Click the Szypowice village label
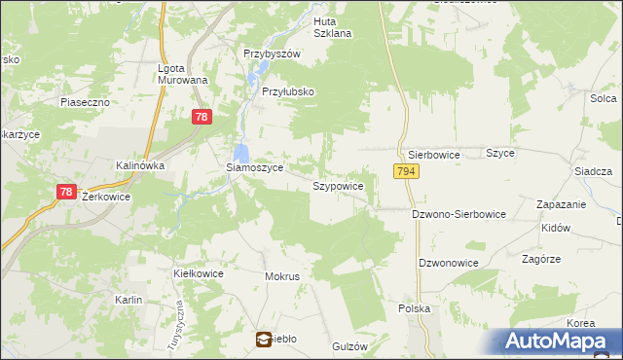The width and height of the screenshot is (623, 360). [x=338, y=185]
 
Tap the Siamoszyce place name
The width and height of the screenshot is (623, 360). [x=254, y=167]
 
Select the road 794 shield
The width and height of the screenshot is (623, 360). [x=407, y=171]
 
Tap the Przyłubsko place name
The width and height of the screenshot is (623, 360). [x=288, y=91]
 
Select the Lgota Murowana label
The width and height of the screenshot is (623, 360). [x=183, y=74]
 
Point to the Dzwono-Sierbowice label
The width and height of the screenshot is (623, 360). [x=458, y=214]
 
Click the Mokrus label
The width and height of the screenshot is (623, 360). [x=282, y=276]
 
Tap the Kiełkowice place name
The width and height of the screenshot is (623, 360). [x=199, y=273]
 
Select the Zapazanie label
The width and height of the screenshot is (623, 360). [x=562, y=204]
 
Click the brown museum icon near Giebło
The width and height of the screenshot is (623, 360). [x=264, y=340]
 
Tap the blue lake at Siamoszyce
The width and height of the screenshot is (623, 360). [x=240, y=153]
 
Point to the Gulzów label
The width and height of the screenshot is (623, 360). [x=348, y=346]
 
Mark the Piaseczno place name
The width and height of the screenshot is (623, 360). [x=85, y=101]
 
